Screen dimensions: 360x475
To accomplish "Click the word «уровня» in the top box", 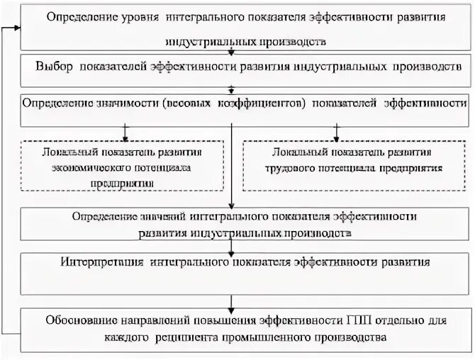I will click(x=138, y=16).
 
